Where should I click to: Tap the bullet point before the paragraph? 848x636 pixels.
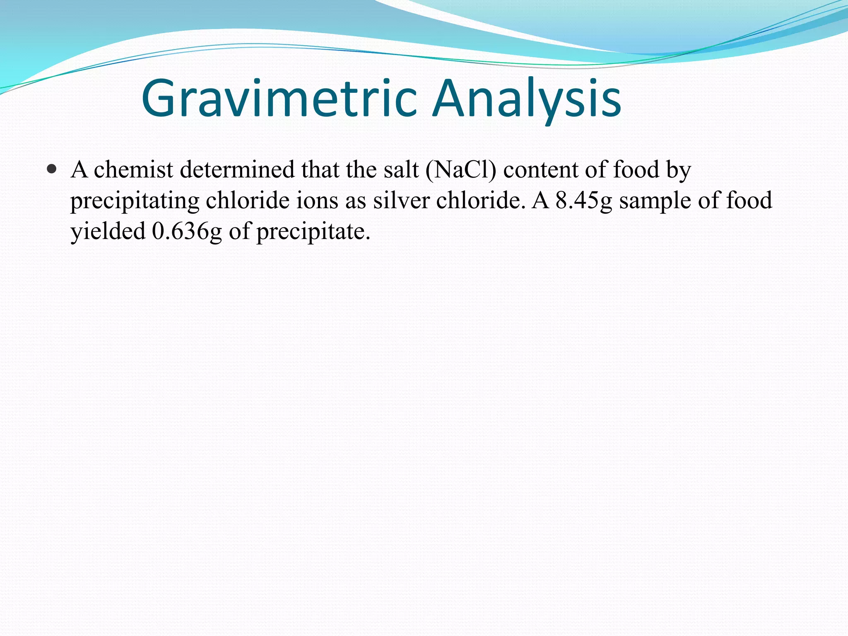51,169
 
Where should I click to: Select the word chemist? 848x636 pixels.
133,170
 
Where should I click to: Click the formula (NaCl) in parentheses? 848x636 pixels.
460,170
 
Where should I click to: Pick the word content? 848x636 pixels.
540,170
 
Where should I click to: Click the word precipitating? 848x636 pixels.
135,201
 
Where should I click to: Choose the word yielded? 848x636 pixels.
108,231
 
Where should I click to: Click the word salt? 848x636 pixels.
401,170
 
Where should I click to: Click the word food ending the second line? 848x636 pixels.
749,201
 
